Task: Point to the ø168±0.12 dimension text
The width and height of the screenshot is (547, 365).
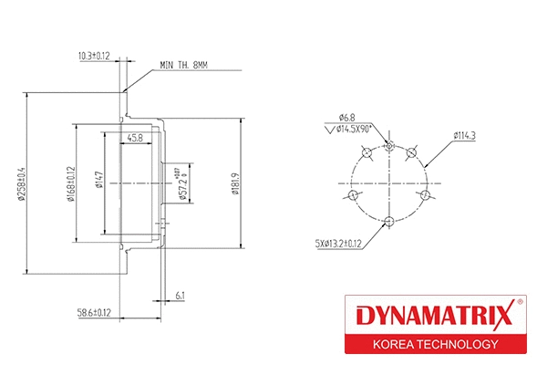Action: tap(70, 183)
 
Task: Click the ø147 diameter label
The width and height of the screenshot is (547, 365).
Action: tap(98, 183)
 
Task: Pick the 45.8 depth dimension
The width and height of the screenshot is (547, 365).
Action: tap(134, 139)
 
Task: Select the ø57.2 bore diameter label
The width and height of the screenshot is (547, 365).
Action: tap(181, 183)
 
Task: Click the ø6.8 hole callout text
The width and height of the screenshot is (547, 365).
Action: tap(346, 117)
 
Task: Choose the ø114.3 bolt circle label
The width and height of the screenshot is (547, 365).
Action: tap(466, 136)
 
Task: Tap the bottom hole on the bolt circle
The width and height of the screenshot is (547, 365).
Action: tap(389, 221)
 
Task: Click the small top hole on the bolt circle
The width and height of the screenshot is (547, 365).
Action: tap(389, 143)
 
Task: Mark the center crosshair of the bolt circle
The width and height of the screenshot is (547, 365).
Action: tap(389, 182)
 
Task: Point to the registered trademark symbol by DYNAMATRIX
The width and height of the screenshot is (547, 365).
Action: tap(520, 302)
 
